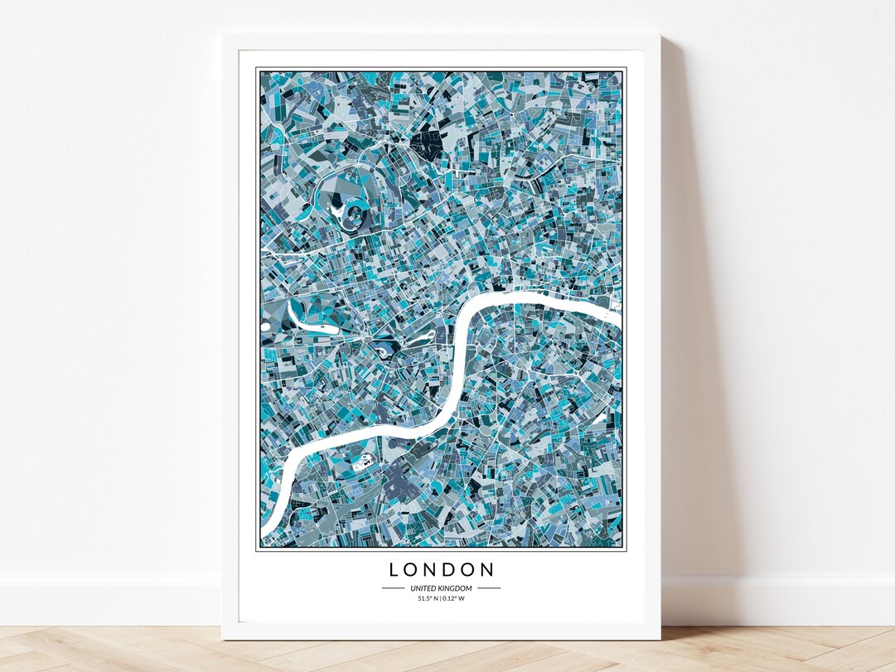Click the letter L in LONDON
[394, 570]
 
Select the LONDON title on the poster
[442, 570]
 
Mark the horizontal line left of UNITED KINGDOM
[393, 588]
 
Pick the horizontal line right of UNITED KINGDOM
[489, 588]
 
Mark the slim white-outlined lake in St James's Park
[418, 339]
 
